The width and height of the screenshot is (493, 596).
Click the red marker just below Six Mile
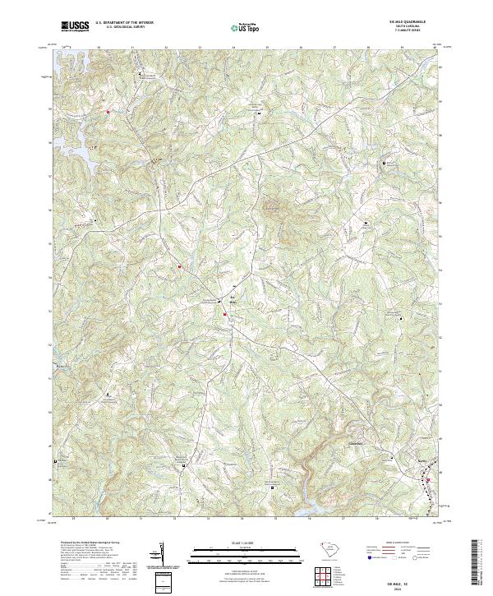coord(223,312)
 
